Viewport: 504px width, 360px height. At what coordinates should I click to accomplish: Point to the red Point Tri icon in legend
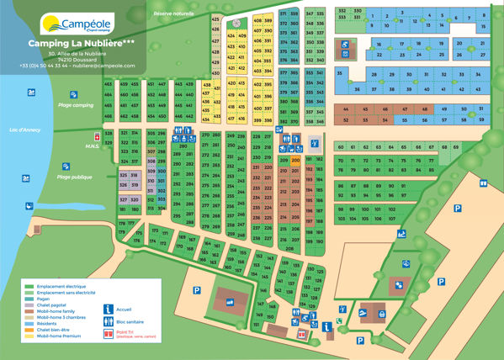108,334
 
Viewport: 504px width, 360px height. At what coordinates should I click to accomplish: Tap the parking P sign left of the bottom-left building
195,290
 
